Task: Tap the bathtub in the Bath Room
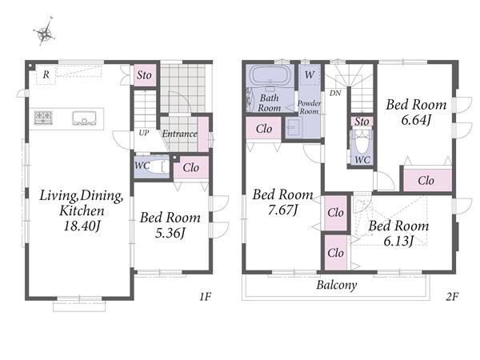point(270,74)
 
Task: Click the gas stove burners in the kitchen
point(43,118)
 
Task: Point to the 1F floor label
point(205,296)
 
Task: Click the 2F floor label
point(452,296)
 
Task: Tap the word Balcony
point(337,285)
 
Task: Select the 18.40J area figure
point(82,226)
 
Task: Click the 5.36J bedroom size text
point(170,234)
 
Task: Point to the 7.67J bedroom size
point(282,210)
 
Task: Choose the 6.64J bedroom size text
point(416,120)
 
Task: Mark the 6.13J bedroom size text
point(398,242)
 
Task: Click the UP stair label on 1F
point(144,133)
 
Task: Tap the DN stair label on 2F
point(335,93)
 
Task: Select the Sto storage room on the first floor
point(144,75)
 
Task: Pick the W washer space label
point(310,74)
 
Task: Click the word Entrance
point(180,134)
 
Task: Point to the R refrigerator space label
point(46,74)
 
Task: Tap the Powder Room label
point(309,107)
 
